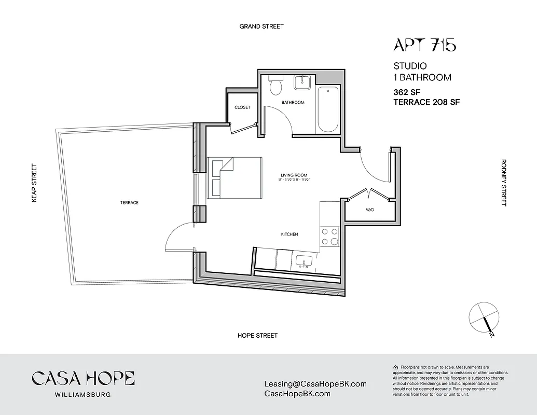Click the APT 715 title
tap(424, 46)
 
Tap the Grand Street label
tap(261, 26)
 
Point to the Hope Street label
tap(257, 336)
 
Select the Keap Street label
tap(35, 183)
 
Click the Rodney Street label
tap(503, 183)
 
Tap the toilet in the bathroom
tap(275, 85)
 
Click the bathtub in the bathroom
tap(327, 109)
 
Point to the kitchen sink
tap(303, 260)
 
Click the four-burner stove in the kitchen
tap(329, 236)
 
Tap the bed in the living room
tap(235, 177)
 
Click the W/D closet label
tap(370, 210)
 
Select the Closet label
tap(242, 107)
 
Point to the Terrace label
tap(129, 203)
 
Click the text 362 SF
tap(407, 92)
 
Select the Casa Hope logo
tap(83, 383)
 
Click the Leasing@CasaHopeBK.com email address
tap(315, 384)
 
